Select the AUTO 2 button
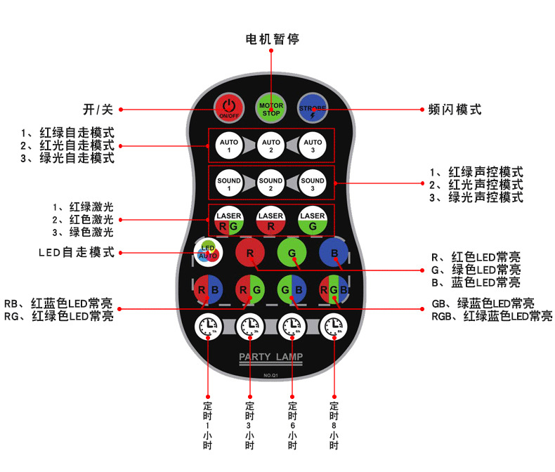point(271,146)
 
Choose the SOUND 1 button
point(229,184)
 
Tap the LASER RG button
point(229,220)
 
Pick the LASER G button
point(313,220)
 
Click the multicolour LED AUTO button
point(209,252)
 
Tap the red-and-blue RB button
point(209,289)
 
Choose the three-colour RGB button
point(333,289)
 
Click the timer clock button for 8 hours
point(334,327)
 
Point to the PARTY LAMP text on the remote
point(271,358)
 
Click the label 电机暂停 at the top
point(271,39)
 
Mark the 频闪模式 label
point(455,110)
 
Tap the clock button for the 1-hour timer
point(209,327)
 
